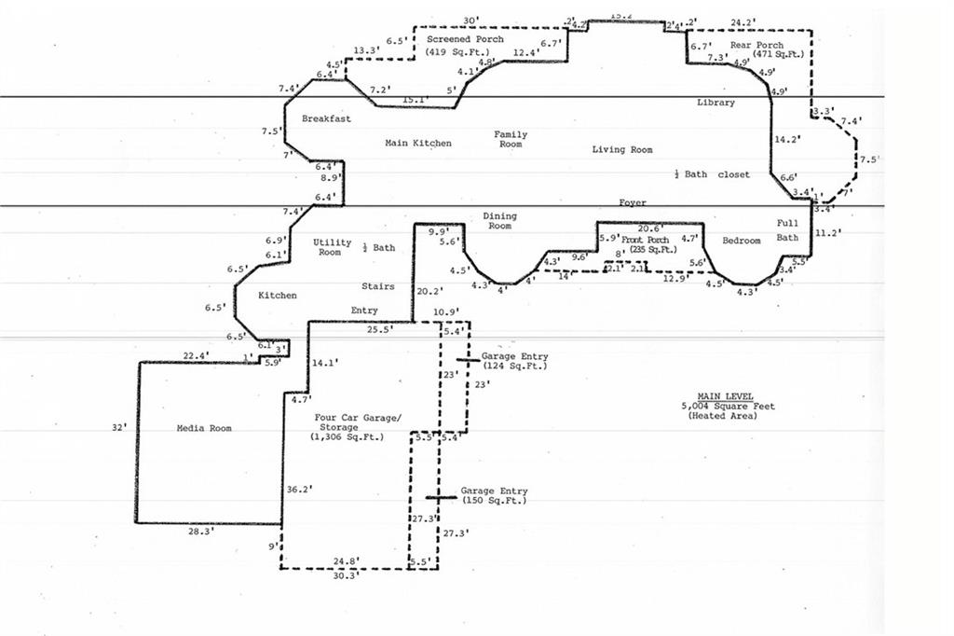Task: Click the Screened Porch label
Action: pyautogui.click(x=465, y=40)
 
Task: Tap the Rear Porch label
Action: pyautogui.click(x=756, y=46)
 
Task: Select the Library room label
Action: pyautogui.click(x=715, y=103)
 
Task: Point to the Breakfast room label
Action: pyautogui.click(x=326, y=119)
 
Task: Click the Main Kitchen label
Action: pyautogui.click(x=418, y=144)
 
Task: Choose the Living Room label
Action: pyautogui.click(x=622, y=150)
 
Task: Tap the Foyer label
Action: pyautogui.click(x=633, y=202)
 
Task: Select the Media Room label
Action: pyautogui.click(x=203, y=429)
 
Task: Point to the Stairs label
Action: pyautogui.click(x=377, y=287)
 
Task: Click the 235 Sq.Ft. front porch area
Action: pyautogui.click(x=651, y=250)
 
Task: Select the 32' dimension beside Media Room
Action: pyautogui.click(x=116, y=427)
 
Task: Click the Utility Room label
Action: pyautogui.click(x=332, y=247)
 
